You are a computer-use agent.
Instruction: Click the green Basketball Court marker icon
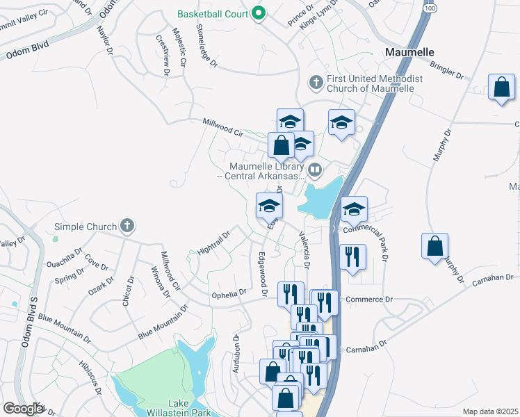(x=259, y=13)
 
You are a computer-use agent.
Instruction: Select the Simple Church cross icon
(x=126, y=226)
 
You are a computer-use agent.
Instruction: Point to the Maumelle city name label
(x=409, y=52)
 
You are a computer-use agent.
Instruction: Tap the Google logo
(x=23, y=409)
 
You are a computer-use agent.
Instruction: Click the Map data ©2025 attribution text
(x=491, y=411)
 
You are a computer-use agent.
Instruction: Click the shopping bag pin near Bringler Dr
(x=501, y=88)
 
